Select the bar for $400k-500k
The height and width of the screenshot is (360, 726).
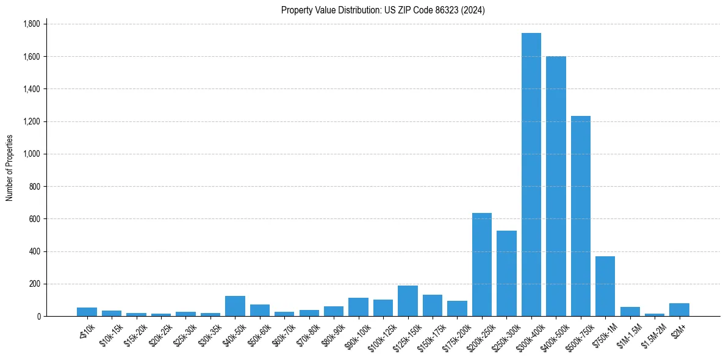[556, 186]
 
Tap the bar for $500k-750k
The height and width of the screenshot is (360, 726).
[581, 216]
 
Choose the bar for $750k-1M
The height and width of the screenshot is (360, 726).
[605, 286]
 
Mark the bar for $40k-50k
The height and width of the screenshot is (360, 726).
[235, 306]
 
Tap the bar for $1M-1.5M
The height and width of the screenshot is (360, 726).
[630, 311]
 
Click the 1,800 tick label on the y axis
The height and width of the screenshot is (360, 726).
[31, 24]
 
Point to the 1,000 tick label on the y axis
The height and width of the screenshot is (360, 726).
[31, 154]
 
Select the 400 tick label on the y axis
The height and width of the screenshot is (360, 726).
[35, 251]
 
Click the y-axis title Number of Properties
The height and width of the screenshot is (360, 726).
[10, 168]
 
